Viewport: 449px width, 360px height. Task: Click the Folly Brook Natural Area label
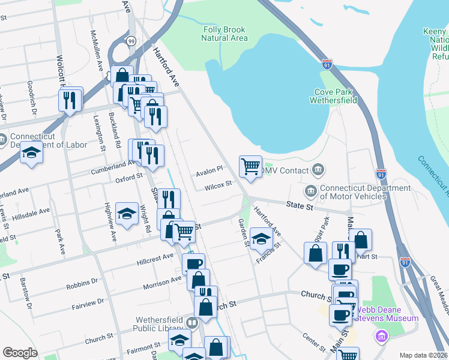pyautogui.click(x=225, y=34)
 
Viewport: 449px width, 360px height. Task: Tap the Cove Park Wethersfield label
pyautogui.click(x=334, y=96)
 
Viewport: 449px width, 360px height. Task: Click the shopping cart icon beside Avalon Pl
pyautogui.click(x=250, y=167)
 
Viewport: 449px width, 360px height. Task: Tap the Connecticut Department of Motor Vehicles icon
pyautogui.click(x=310, y=191)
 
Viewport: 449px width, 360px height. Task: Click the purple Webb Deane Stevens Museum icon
pyautogui.click(x=380, y=334)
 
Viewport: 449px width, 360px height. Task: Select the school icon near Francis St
pyautogui.click(x=261, y=239)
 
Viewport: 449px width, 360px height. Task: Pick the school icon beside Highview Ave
pyautogui.click(x=127, y=214)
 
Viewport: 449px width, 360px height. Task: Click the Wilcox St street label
pyautogui.click(x=217, y=185)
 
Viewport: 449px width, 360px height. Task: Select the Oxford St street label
pyautogui.click(x=129, y=177)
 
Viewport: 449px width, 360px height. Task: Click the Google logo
pyautogui.click(x=20, y=353)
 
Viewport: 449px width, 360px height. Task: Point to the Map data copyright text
pyautogui.click(x=423, y=355)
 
